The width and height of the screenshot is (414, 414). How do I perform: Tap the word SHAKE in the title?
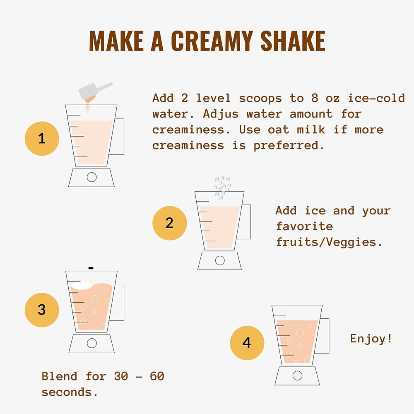[x=293, y=41]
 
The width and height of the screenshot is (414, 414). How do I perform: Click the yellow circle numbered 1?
[x=42, y=139]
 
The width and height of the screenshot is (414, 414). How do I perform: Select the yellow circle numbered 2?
[x=169, y=223]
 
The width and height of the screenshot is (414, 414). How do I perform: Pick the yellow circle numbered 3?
[x=42, y=310]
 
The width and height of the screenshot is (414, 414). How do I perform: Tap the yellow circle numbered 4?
[x=247, y=343]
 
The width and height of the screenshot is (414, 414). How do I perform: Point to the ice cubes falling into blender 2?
[x=222, y=188]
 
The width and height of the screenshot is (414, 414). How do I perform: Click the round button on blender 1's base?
[x=91, y=177]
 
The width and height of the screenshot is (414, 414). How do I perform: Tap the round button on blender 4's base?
[x=297, y=375]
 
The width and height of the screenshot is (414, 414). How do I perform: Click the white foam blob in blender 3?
[x=81, y=285]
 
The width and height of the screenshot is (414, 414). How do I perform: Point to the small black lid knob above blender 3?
[x=91, y=268]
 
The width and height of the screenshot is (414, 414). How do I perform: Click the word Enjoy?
[x=371, y=339]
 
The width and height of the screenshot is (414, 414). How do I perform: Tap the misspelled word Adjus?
[x=221, y=114]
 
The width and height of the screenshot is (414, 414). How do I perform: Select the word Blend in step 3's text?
[x=59, y=376]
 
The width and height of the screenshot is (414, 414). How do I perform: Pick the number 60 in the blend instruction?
[x=157, y=376]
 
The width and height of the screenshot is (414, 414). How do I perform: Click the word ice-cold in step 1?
[x=376, y=98]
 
